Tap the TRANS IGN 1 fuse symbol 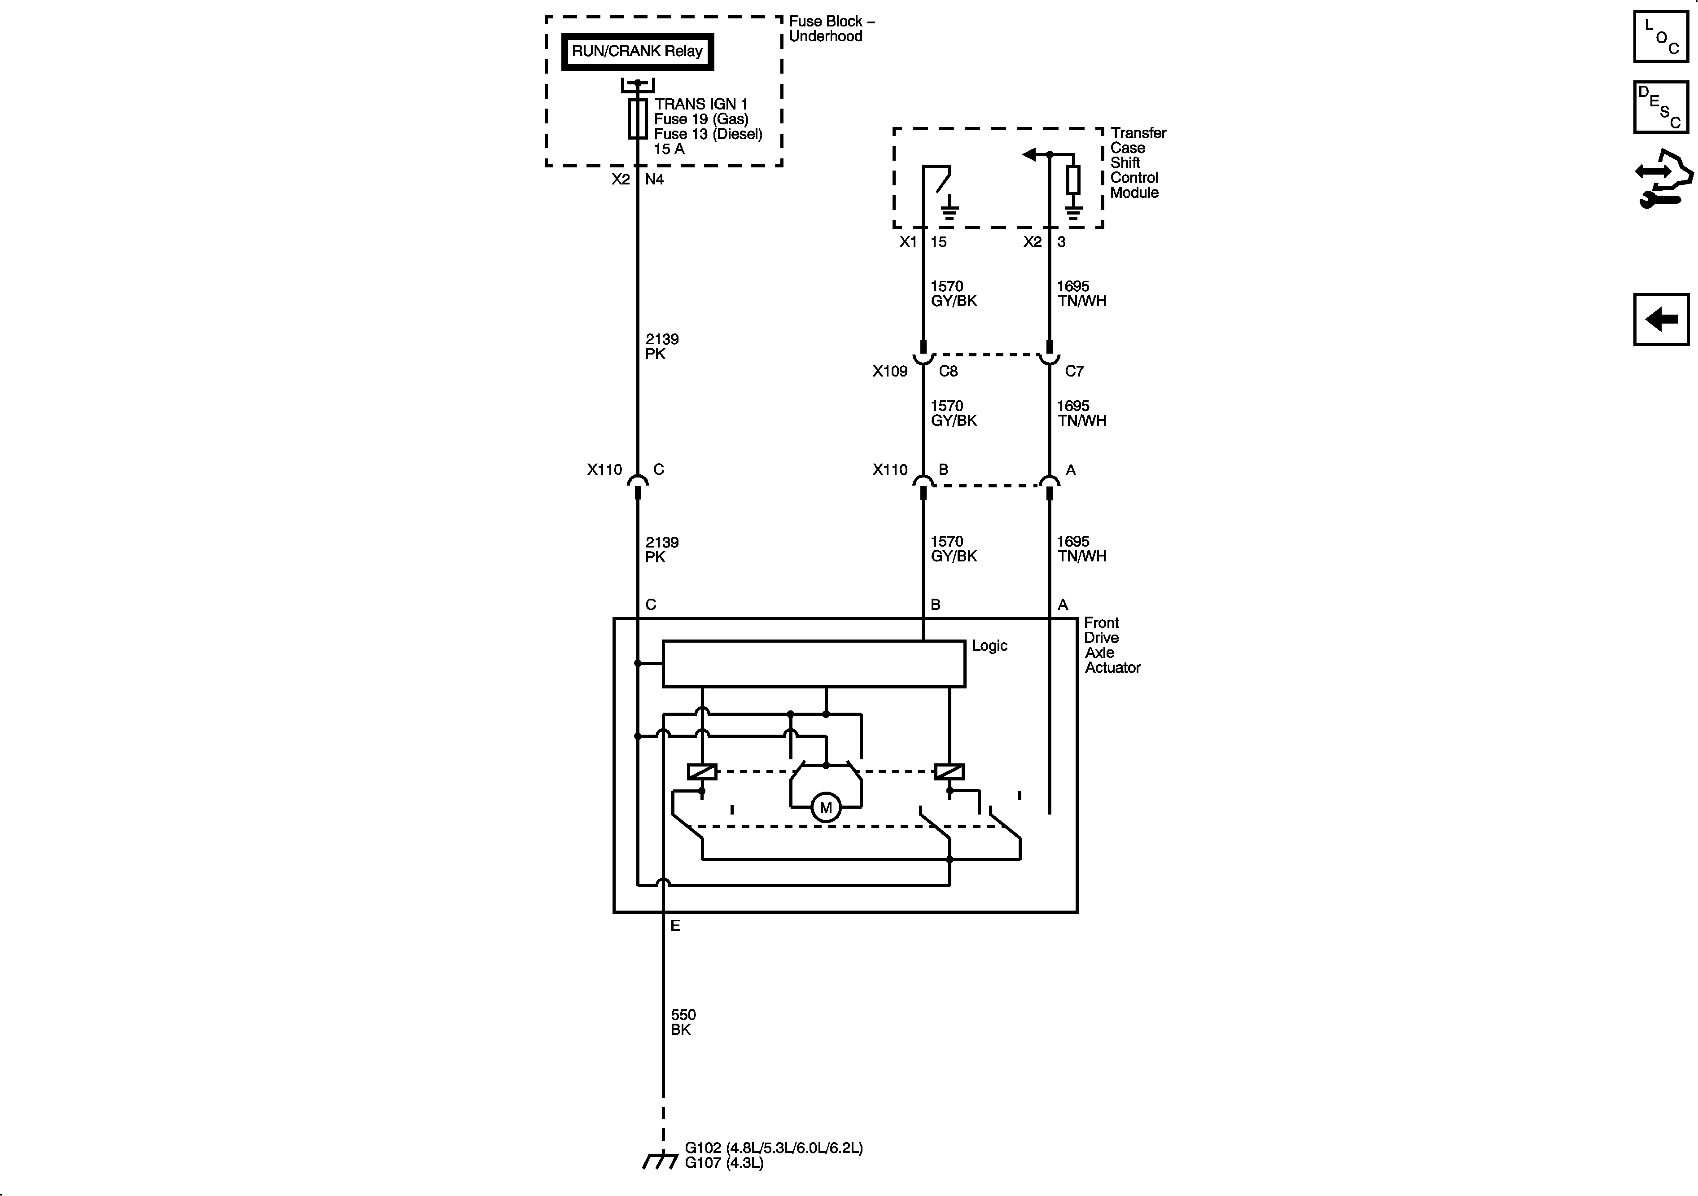[638, 119]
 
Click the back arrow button [1661, 320]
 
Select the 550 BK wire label [683, 1022]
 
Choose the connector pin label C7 [1074, 371]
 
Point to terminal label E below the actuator [674, 926]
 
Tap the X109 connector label [890, 371]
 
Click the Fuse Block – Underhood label [831, 29]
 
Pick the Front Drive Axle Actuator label [1112, 645]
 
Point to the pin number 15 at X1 [938, 242]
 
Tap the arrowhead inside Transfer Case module [1028, 154]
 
